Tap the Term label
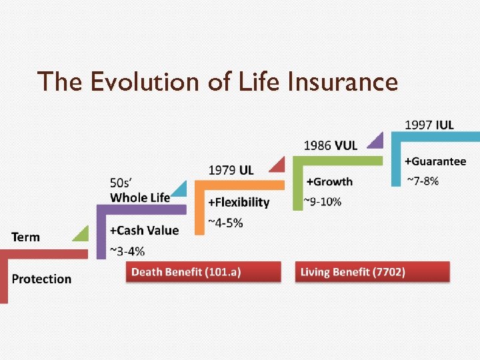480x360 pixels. tap(25, 237)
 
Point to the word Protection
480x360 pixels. tap(41, 279)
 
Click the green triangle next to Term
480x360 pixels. tap(81, 233)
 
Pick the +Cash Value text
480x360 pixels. tap(144, 230)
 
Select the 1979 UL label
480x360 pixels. tap(231, 170)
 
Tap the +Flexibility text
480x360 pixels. tap(239, 202)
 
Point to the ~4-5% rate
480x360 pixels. tap(225, 223)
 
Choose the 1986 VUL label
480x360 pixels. tap(330, 145)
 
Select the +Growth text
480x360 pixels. tap(329, 181)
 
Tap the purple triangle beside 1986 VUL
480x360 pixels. tap(377, 140)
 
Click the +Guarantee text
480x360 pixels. tap(435, 161)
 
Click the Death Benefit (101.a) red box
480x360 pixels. tap(203, 272)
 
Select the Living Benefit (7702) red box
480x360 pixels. tap(373, 272)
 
